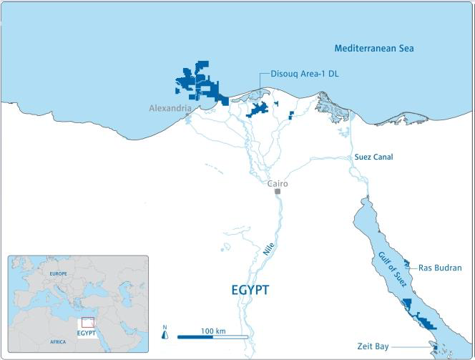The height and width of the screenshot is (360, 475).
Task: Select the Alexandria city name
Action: click(170, 108)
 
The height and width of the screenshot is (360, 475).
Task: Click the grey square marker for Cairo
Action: click(277, 191)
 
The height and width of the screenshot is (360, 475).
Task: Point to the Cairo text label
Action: click(277, 183)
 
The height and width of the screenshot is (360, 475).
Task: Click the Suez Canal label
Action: click(373, 157)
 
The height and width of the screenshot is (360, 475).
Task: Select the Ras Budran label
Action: click(440, 268)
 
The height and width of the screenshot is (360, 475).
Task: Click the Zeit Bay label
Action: click(375, 345)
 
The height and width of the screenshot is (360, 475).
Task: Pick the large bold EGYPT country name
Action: click(250, 291)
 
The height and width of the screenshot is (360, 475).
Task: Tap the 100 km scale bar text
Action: click(213, 331)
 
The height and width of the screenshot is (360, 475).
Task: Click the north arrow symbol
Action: click(165, 334)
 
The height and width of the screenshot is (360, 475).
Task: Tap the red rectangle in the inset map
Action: click(88, 323)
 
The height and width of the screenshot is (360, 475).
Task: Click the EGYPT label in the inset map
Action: click(86, 334)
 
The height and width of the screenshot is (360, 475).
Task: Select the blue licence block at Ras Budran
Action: click(406, 263)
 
